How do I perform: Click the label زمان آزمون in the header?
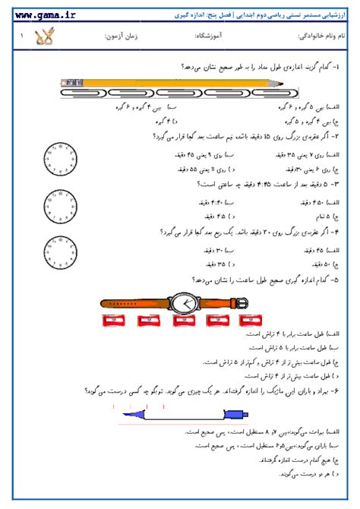(122, 36)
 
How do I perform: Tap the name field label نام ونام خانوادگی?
(318, 36)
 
